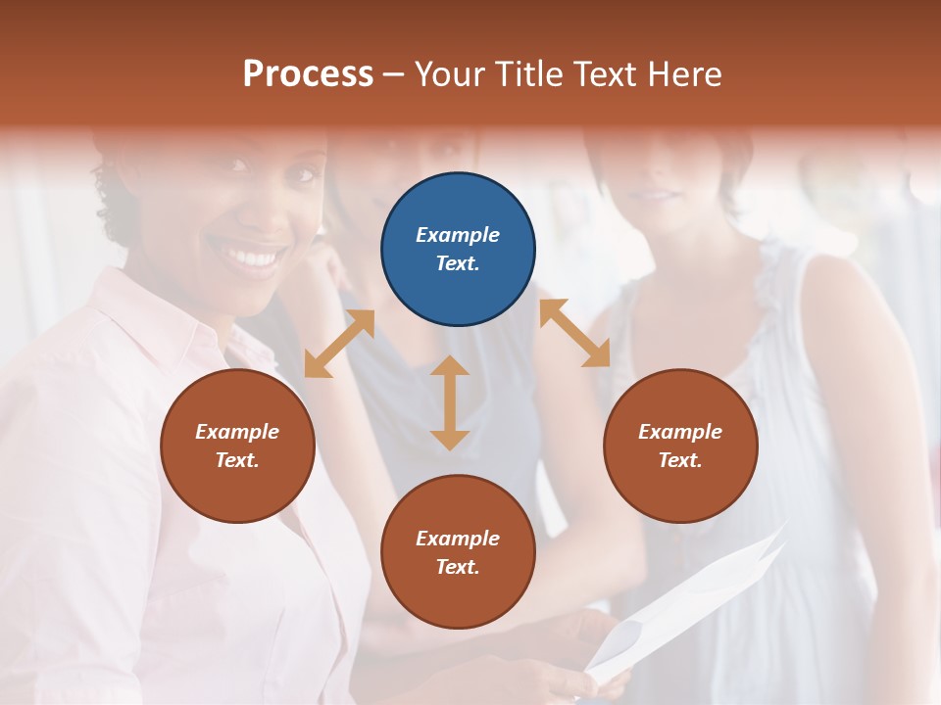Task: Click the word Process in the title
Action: tap(308, 74)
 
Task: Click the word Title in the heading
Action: tap(529, 74)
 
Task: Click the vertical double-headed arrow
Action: tap(450, 402)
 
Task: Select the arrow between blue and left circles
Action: tap(339, 343)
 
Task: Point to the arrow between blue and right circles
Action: tap(574, 334)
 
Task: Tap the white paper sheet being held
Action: tap(686, 607)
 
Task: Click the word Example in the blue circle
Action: tap(458, 235)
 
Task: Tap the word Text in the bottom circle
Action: tap(458, 567)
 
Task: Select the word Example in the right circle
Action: tap(680, 432)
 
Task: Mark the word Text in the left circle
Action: tap(237, 460)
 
